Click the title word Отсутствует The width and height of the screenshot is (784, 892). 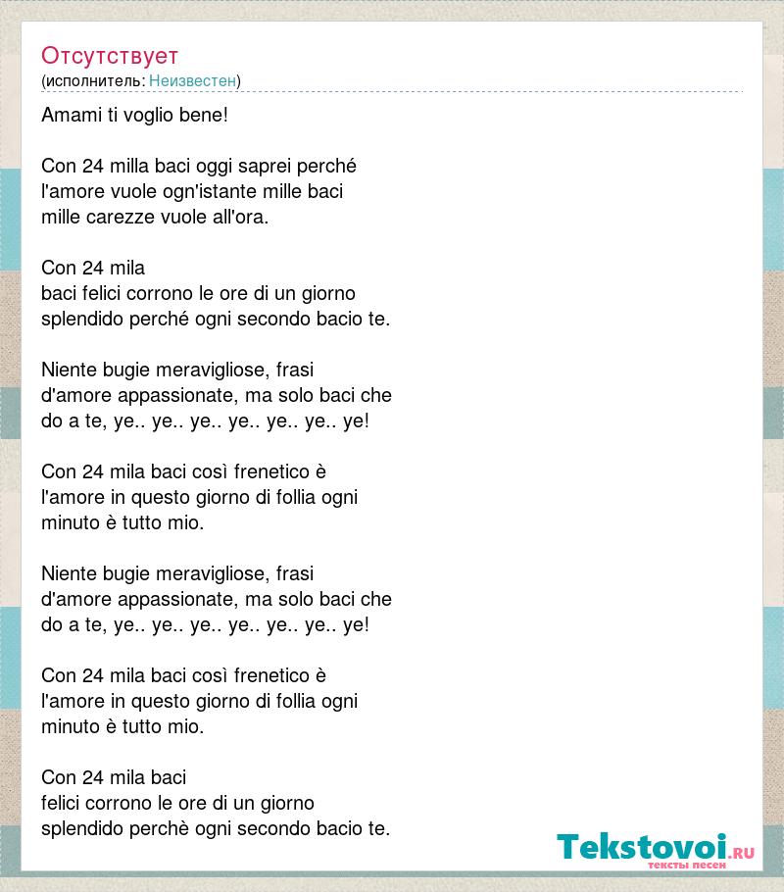coord(110,55)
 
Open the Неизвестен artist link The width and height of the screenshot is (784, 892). coord(192,80)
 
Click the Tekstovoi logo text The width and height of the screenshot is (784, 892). coord(642,847)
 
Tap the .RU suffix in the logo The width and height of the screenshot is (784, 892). coord(742,853)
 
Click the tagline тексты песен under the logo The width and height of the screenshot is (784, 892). coord(686,866)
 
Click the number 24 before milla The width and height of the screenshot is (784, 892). coord(93,166)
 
